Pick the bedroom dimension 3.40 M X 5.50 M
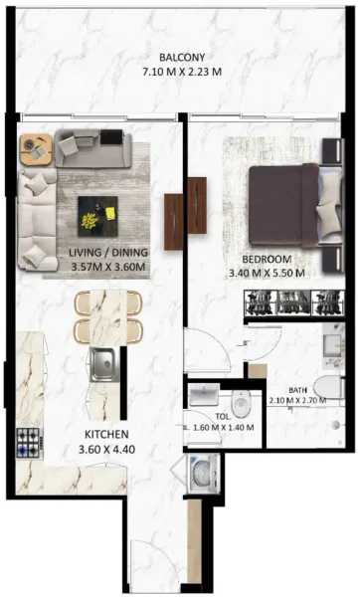click(x=266, y=272)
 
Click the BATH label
click(x=298, y=390)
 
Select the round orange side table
click(x=34, y=150)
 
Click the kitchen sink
click(x=102, y=365)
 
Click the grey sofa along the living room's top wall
click(x=90, y=148)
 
